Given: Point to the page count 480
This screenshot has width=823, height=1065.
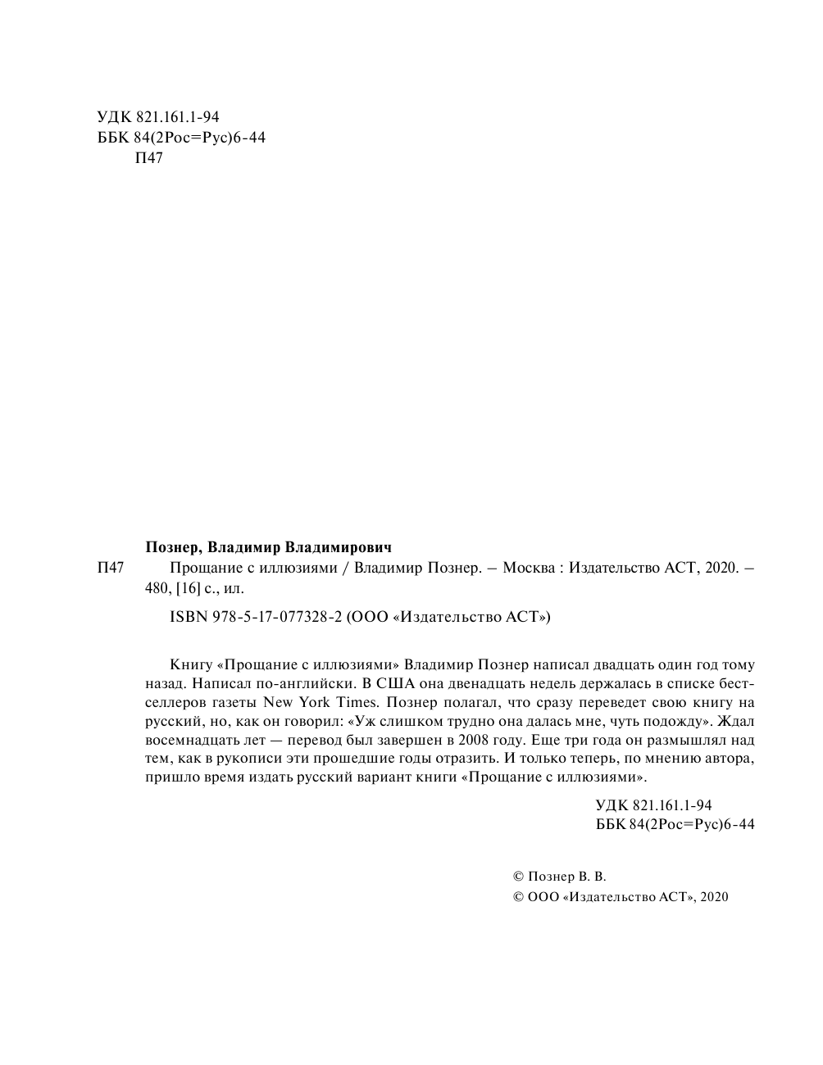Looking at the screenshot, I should (x=157, y=587).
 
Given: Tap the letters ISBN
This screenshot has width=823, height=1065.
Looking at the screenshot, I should (x=186, y=617).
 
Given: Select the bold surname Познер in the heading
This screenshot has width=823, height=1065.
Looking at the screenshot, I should (x=171, y=546).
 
